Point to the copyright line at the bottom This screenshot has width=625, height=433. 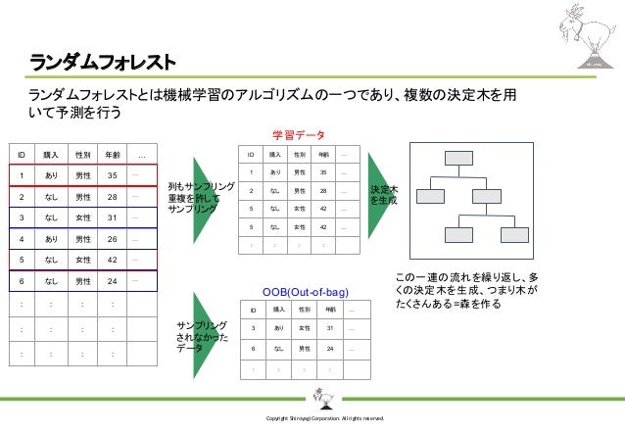(313, 419)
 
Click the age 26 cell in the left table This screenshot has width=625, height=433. (113, 238)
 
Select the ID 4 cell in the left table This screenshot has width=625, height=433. (21, 238)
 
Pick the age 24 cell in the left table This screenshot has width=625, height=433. (113, 281)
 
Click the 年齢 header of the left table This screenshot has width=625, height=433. (113, 155)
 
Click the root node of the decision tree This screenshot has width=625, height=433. (457, 159)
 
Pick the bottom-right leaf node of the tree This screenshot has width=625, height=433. (512, 235)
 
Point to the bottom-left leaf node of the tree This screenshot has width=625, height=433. (431, 235)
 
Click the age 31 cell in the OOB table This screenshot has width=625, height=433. (329, 328)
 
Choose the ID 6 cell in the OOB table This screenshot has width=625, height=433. (254, 348)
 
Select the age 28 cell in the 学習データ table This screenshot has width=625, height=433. (325, 190)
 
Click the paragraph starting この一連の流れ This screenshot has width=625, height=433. (465, 291)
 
